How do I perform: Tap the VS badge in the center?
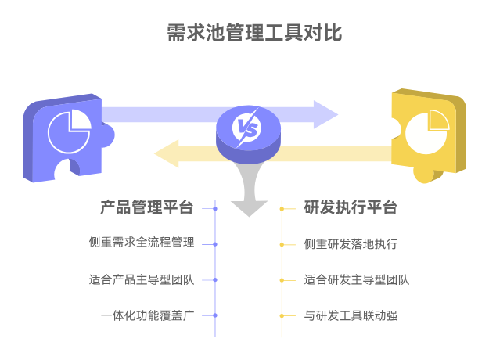coord(248,128)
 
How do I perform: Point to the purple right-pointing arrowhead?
coord(325,114)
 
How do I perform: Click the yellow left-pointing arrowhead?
coord(167,153)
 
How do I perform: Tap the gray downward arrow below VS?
coord(249,202)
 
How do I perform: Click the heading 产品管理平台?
coord(146,208)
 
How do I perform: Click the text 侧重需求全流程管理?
coord(141,243)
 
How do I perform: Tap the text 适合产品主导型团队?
coord(141,279)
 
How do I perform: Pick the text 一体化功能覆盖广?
coord(147,315)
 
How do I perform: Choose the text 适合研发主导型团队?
coord(357,279)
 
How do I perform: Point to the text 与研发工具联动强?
coord(351,315)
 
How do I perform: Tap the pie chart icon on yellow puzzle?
coord(428,128)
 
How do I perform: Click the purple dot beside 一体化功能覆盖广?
coord(215,315)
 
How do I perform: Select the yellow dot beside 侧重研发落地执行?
coord(282,244)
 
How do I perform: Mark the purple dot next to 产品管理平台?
coord(215,208)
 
